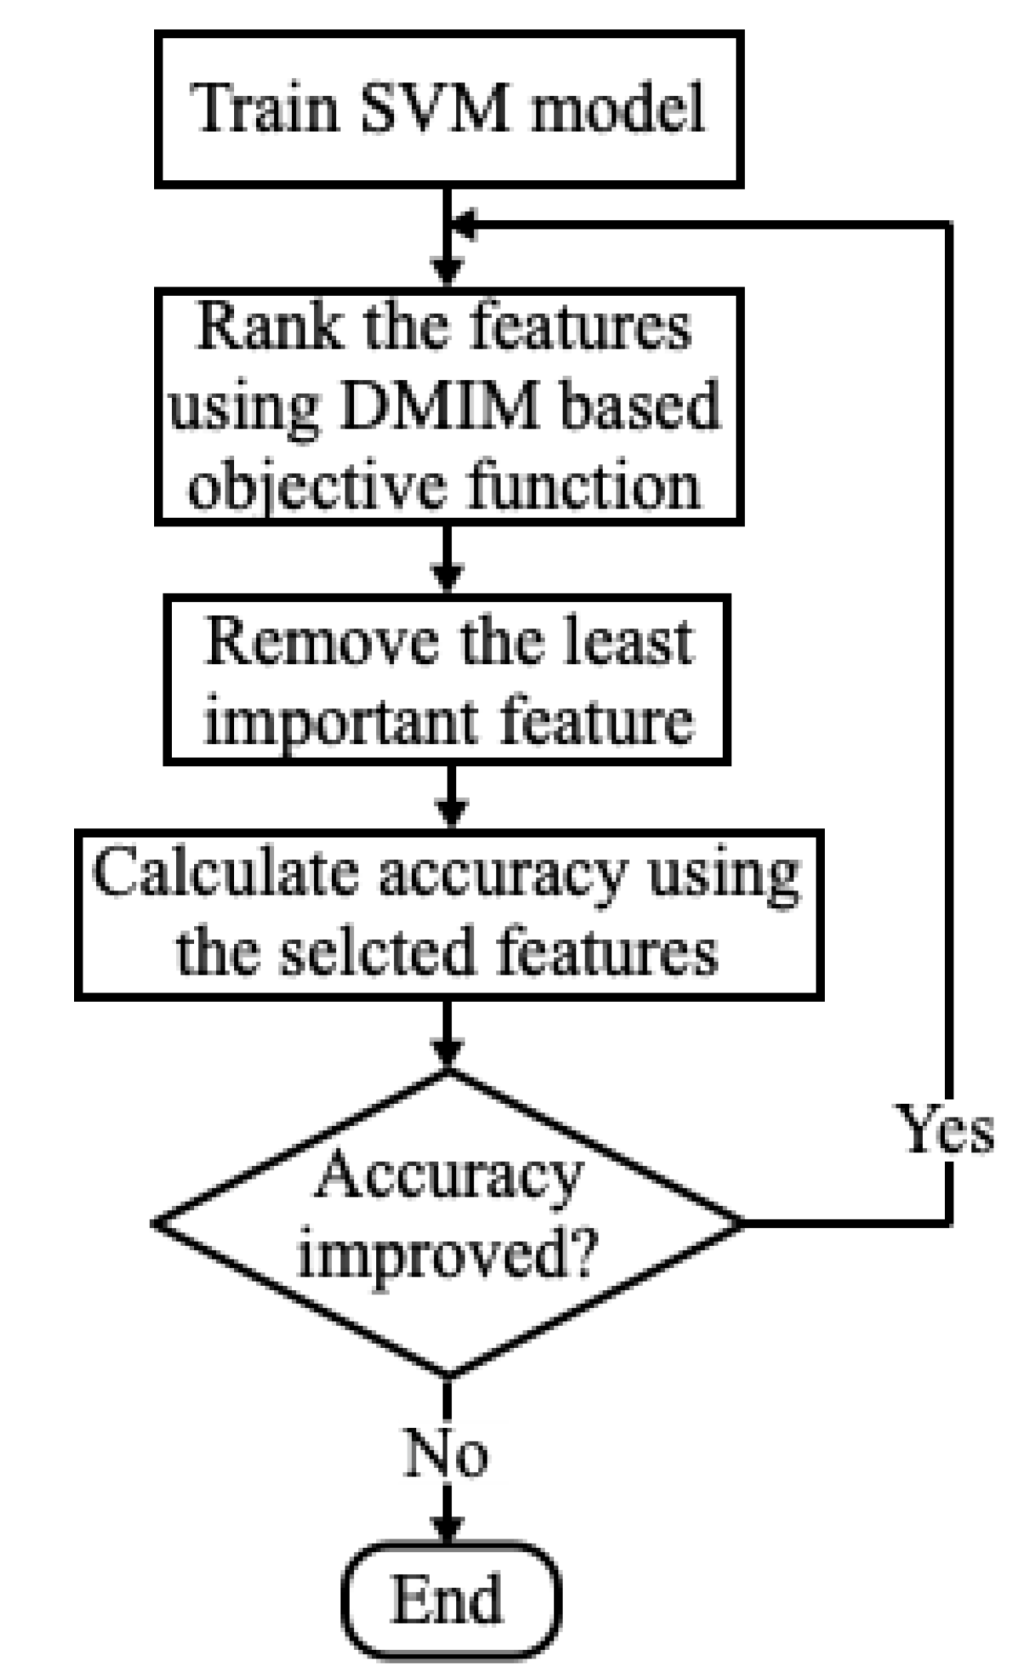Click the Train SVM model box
[x=448, y=109]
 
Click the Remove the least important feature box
[x=447, y=680]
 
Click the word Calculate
[x=225, y=873]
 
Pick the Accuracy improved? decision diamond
[x=448, y=1223]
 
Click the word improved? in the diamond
[x=447, y=1252]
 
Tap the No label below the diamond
[x=446, y=1453]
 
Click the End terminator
[x=450, y=1599]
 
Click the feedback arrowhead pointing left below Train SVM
[x=464, y=225]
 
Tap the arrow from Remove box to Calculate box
[x=452, y=797]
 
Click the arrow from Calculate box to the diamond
[x=448, y=1033]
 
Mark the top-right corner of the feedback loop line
[x=948, y=225]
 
